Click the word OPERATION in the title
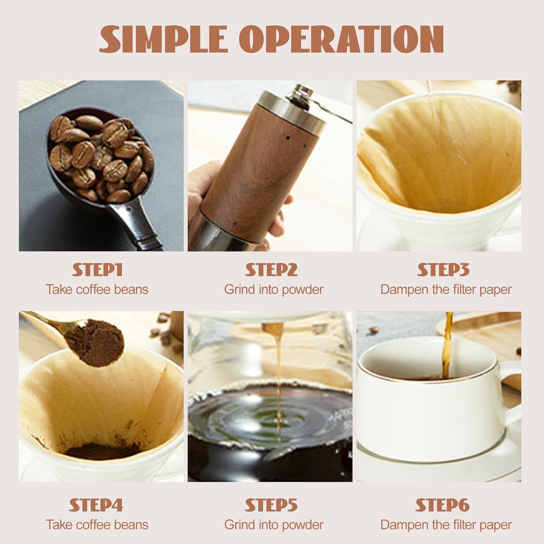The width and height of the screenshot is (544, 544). (341, 39)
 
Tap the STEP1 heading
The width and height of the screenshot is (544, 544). (98, 270)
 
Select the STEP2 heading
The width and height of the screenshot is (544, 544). (271, 270)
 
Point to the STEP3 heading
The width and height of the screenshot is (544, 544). (443, 270)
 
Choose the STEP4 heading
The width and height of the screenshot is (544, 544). (96, 505)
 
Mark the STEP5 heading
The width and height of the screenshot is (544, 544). (271, 505)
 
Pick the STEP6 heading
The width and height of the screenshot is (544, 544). (442, 505)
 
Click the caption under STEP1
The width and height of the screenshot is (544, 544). (97, 290)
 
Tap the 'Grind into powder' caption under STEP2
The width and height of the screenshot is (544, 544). (274, 290)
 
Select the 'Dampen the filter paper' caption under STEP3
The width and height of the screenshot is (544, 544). (446, 290)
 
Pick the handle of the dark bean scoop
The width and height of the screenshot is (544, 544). (136, 226)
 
